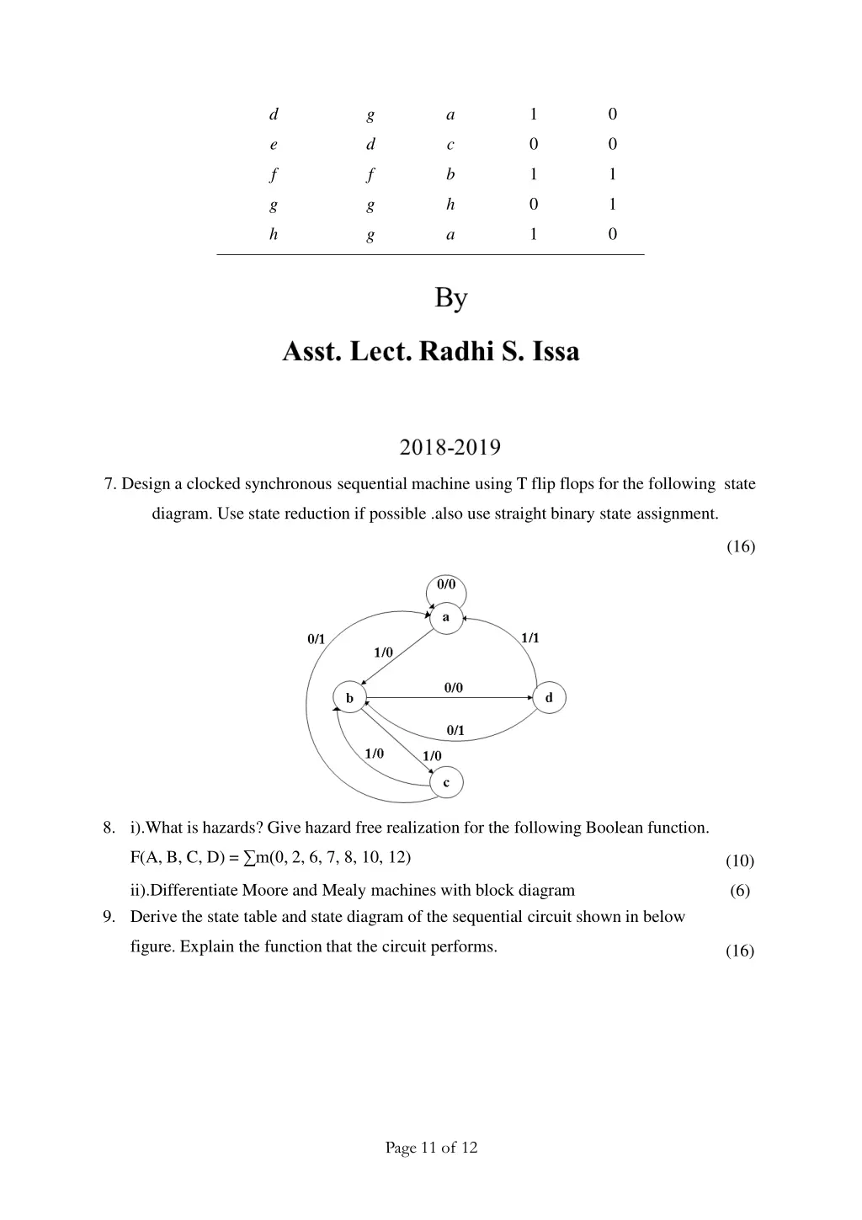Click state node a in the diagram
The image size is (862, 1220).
click(446, 617)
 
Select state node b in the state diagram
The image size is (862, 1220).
click(349, 698)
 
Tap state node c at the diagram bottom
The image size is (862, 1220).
click(446, 783)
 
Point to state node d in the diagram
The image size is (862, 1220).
click(549, 698)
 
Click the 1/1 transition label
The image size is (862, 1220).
click(530, 638)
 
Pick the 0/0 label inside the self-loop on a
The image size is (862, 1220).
click(446, 584)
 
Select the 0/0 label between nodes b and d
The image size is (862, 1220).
click(454, 688)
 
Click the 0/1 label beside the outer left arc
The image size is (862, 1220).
click(317, 639)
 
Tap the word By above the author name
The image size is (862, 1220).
click(451, 298)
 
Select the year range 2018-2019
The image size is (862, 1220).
click(450, 447)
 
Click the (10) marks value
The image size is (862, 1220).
click(740, 860)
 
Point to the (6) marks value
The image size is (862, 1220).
click(740, 891)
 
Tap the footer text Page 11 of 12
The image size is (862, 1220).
click(431, 1147)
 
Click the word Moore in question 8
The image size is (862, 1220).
click(265, 891)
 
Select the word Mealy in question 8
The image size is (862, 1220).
click(344, 891)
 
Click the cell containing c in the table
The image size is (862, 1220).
click(450, 145)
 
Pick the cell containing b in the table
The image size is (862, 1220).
click(450, 174)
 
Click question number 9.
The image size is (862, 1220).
click(109, 917)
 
